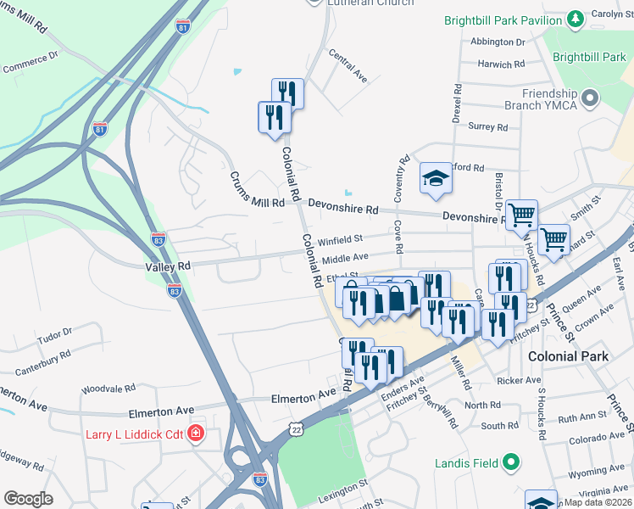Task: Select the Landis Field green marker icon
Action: coord(510,463)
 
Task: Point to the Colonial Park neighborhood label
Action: coord(568,357)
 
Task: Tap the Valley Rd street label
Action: coord(168,266)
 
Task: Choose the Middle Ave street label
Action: coord(345,257)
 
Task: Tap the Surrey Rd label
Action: coord(488,127)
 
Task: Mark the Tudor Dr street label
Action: coord(56,335)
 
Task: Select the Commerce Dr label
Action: coord(30,64)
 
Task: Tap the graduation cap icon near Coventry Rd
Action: coord(435,178)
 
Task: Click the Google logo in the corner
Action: coord(28,499)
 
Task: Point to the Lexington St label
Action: coord(343,485)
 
